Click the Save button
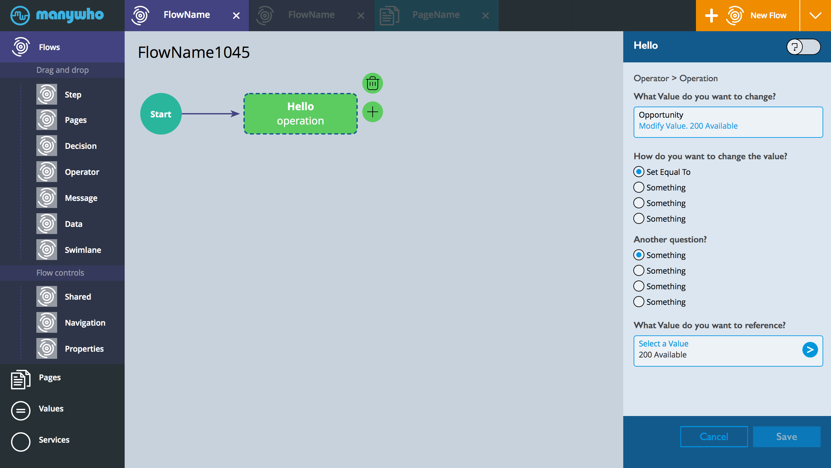click(787, 436)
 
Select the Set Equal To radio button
click(639, 172)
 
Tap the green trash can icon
click(373, 83)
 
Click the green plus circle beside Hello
click(373, 112)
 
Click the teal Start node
click(161, 114)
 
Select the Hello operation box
click(301, 114)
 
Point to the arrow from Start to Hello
click(211, 114)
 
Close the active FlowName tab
click(236, 16)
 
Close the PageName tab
click(486, 16)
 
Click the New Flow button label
click(768, 15)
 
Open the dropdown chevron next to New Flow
click(815, 16)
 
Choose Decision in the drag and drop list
click(81, 146)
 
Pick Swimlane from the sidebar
click(83, 250)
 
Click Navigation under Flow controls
click(85, 323)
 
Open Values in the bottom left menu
click(51, 409)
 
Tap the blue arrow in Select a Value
click(810, 350)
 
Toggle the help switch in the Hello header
click(803, 47)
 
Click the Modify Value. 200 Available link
click(688, 126)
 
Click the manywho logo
click(57, 15)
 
